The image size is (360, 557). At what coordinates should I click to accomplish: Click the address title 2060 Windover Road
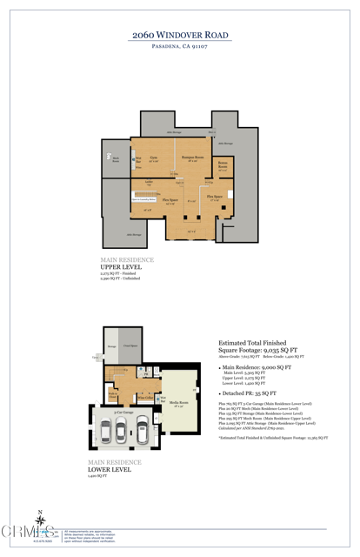pyautogui.click(x=179, y=32)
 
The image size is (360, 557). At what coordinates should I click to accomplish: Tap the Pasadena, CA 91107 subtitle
pyautogui.click(x=179, y=45)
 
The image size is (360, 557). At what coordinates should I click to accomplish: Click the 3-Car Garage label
pyautogui.click(x=123, y=412)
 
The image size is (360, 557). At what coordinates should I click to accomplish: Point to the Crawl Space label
pyautogui.click(x=130, y=346)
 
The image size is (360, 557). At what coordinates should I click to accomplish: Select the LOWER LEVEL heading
pyautogui.click(x=110, y=469)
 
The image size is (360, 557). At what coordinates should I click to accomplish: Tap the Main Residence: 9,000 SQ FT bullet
pyautogui.click(x=257, y=368)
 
